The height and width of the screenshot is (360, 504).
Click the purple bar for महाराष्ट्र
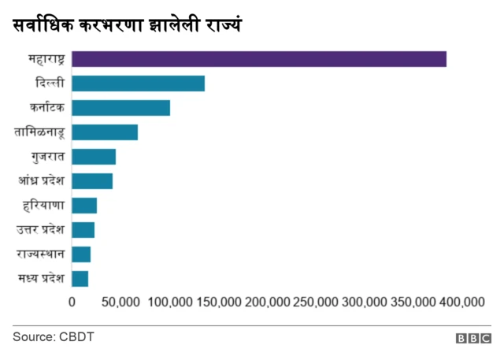[x=258, y=59]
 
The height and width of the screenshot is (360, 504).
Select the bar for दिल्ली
[x=138, y=84]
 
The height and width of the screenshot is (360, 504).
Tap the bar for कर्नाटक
[x=120, y=108]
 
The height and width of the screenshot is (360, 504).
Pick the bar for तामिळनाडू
[x=105, y=132]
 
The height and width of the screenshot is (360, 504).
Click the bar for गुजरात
[x=94, y=157]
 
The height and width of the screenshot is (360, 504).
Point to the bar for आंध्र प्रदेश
[x=92, y=181]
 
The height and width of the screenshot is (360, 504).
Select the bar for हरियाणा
[x=84, y=206]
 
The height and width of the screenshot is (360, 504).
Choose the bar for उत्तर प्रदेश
[x=83, y=230]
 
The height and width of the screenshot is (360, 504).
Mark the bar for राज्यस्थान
[x=81, y=254]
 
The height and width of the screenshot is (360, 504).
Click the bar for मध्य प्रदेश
[x=80, y=278]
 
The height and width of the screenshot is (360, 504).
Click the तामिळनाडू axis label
[x=39, y=132]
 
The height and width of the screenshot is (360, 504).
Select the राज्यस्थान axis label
[x=40, y=254]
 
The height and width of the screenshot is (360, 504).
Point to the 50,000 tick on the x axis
[x=120, y=302]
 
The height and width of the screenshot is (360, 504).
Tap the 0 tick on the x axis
[x=72, y=302]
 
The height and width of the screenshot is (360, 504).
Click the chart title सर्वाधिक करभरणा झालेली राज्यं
[x=127, y=25]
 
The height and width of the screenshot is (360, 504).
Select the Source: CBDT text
[x=53, y=337]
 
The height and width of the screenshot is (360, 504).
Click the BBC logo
[x=472, y=338]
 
